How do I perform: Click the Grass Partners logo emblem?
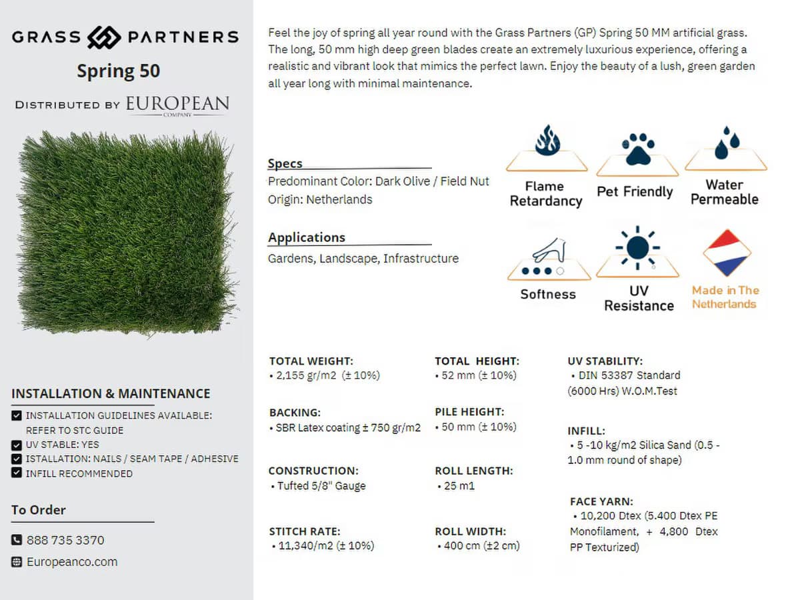104,37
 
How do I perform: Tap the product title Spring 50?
119,71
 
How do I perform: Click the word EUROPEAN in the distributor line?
177,103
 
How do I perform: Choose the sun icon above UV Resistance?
637,247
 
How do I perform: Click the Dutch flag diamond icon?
727,253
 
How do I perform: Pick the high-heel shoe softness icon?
549,252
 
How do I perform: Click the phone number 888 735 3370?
65,540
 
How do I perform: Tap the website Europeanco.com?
72,562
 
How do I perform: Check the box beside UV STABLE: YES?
17,445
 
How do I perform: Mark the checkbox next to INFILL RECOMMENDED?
17,473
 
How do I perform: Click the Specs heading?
285,163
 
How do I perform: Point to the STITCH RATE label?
305,531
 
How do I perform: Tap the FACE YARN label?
601,501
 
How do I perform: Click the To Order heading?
39,510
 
